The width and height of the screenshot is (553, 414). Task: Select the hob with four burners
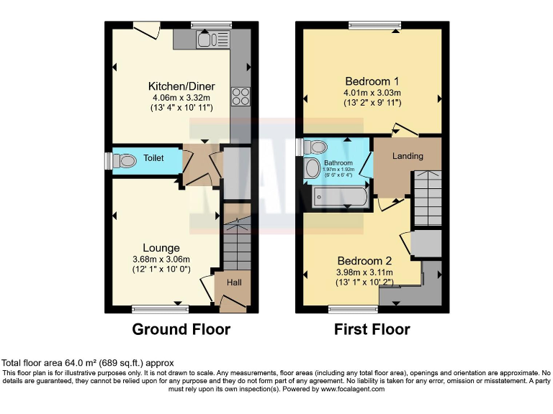(240, 96)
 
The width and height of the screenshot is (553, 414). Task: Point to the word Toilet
(153, 158)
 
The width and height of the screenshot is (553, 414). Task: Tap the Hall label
(234, 282)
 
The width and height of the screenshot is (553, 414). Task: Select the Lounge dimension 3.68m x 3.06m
(161, 259)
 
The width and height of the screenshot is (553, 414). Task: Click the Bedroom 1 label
(372, 81)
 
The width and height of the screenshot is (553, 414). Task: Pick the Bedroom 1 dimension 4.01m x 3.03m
(372, 93)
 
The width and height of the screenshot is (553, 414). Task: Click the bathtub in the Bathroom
(341, 196)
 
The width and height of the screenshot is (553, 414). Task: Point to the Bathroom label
(338, 163)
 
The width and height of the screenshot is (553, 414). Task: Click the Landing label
(407, 156)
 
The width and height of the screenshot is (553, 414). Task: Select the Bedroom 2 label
(364, 261)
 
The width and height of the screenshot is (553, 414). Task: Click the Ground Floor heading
(181, 330)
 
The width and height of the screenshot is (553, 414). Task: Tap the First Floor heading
(372, 330)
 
